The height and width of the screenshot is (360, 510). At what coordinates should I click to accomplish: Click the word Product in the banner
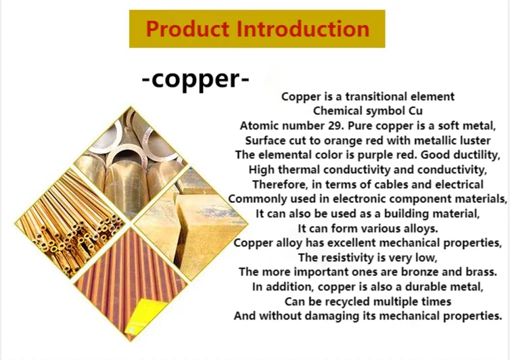coord(187,29)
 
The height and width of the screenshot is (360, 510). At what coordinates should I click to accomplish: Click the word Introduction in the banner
coord(303,29)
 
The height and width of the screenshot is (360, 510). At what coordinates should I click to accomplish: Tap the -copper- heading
coord(195,79)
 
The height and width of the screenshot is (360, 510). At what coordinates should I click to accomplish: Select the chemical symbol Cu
coord(415,111)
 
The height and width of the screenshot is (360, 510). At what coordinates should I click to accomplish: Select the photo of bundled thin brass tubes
coord(70,223)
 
